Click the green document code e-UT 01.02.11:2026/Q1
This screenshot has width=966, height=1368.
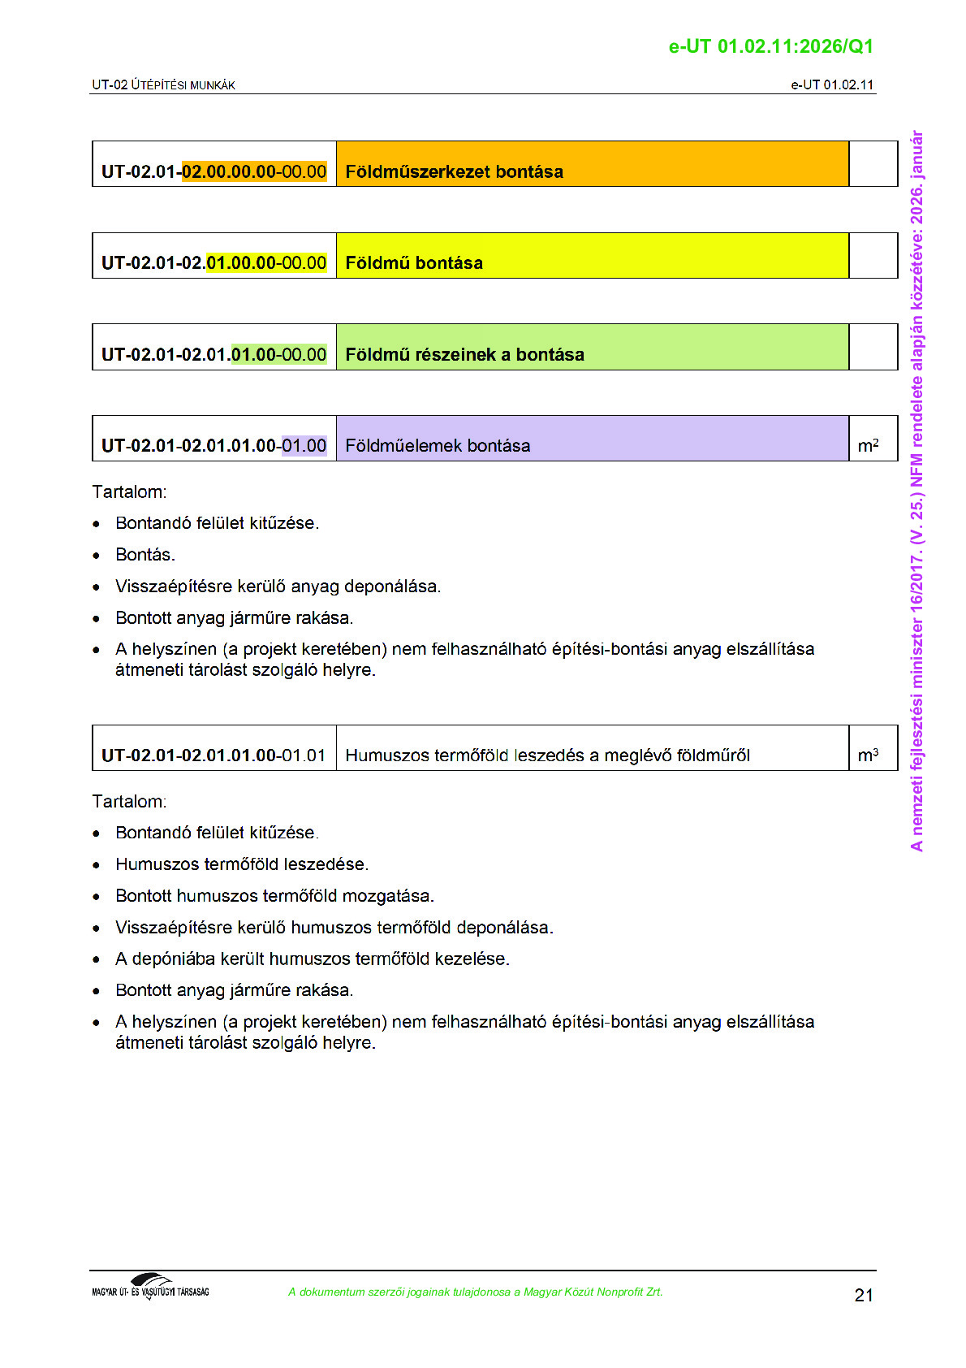770,46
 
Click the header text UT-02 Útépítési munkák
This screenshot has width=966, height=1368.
163,84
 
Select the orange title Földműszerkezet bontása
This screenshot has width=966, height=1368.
454,171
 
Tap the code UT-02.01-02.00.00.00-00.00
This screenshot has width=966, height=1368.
213,171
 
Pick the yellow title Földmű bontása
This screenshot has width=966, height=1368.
414,263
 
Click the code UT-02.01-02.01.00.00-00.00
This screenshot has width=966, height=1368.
213,263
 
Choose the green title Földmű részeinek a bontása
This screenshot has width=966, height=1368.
464,354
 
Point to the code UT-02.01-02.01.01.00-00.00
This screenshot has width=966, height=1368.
213,354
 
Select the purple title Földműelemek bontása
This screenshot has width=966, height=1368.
438,445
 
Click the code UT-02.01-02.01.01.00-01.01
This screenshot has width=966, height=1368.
213,755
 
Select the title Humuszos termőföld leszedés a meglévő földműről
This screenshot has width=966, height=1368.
547,755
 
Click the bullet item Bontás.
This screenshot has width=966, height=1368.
145,555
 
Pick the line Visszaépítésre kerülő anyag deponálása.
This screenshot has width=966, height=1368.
278,587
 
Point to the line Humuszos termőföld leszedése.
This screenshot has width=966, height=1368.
242,864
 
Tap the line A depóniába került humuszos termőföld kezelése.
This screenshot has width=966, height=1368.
313,959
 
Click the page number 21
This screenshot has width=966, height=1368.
864,1295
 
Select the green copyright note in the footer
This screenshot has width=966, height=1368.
475,1292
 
